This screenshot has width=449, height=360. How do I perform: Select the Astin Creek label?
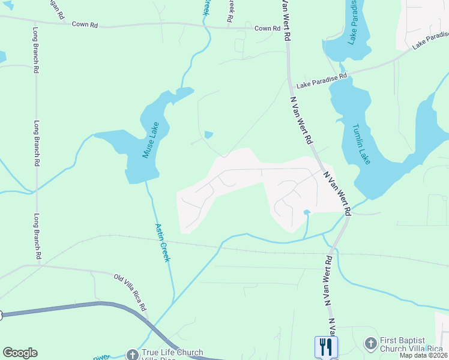click(x=163, y=242)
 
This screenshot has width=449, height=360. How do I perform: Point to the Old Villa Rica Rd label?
click(x=130, y=292)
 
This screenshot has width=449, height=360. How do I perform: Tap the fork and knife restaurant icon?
click(x=326, y=347)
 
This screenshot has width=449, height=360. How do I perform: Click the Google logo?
click(x=20, y=353)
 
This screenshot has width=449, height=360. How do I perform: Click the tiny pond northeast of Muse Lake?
click(x=208, y=134)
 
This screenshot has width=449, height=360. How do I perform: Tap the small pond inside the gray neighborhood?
click(x=307, y=212)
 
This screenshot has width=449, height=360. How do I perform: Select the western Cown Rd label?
click(x=85, y=25)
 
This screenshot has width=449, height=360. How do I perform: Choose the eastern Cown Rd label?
click(x=267, y=28)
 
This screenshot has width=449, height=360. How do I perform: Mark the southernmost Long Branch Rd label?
click(x=37, y=236)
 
